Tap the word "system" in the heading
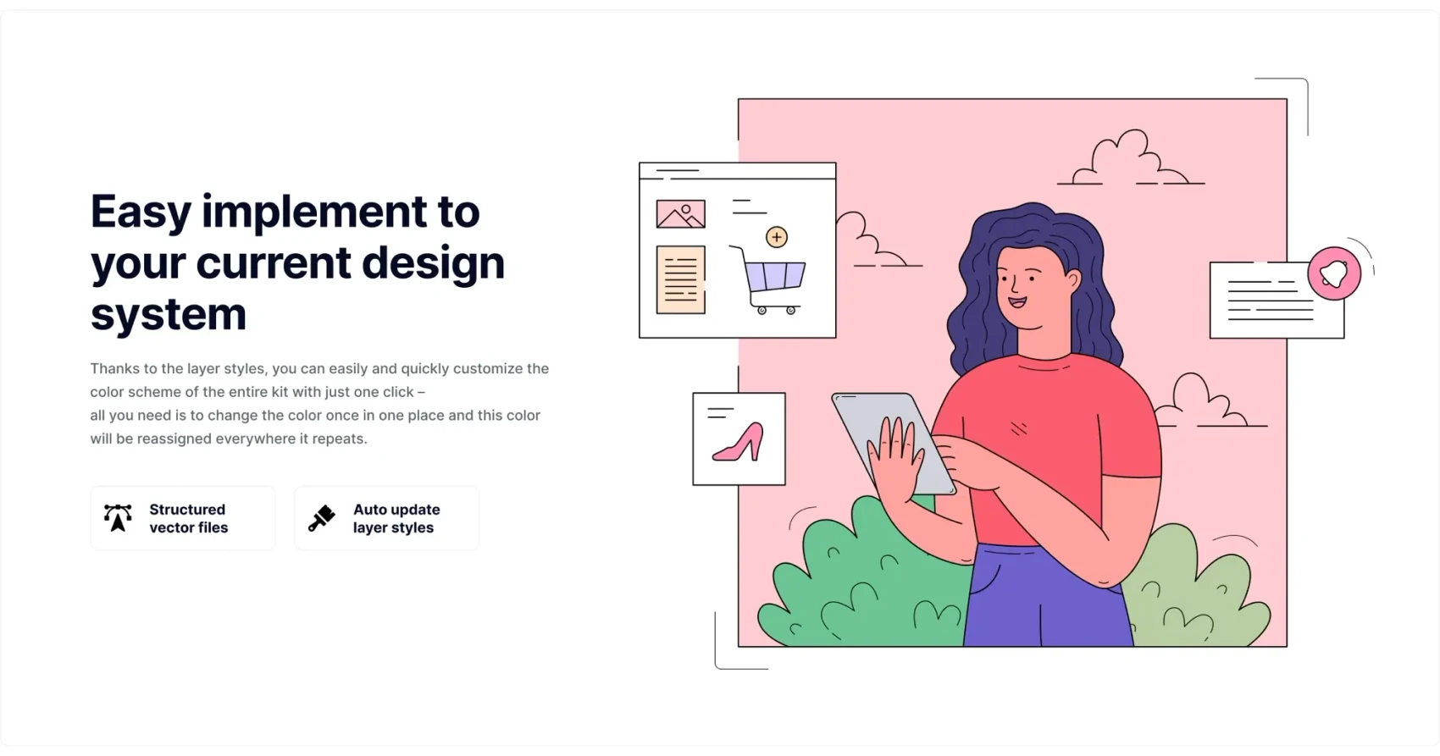(x=169, y=314)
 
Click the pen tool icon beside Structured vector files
(x=118, y=518)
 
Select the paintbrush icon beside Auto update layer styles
(x=321, y=518)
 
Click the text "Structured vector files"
(x=188, y=518)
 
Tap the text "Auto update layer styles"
(x=396, y=518)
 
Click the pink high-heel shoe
(x=738, y=443)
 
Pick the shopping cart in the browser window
(x=769, y=279)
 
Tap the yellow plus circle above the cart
(x=777, y=237)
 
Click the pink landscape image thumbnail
(x=681, y=214)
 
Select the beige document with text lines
(x=681, y=279)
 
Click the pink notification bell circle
(x=1334, y=273)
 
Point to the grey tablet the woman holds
(x=894, y=444)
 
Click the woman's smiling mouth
(x=1017, y=301)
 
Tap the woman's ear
(x=1072, y=279)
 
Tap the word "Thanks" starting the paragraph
(x=114, y=368)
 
